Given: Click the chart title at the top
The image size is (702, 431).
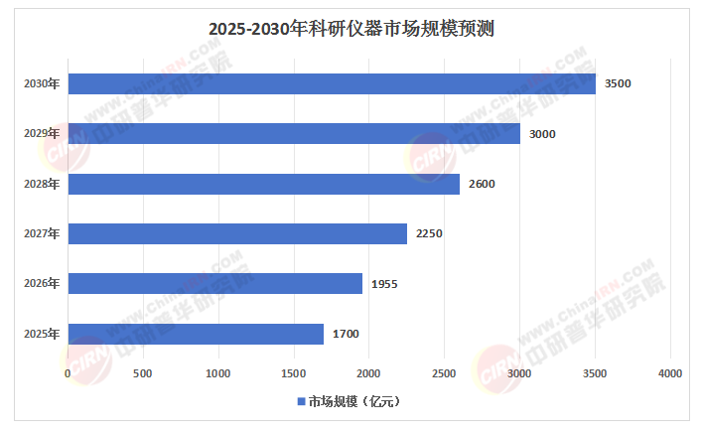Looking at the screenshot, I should pyautogui.click(x=351, y=29).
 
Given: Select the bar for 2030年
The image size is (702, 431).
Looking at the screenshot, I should pyautogui.click(x=332, y=83).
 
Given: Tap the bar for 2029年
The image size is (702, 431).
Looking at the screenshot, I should pyautogui.click(x=294, y=133).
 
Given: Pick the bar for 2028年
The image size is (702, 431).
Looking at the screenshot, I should pyautogui.click(x=263, y=184).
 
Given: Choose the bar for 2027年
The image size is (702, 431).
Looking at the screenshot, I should pyautogui.click(x=237, y=233).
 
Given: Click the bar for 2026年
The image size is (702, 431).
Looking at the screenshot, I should pyautogui.click(x=214, y=284).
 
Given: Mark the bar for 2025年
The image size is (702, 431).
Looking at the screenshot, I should pyautogui.click(x=196, y=334).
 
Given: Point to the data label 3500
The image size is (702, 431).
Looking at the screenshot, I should pyautogui.click(x=618, y=83).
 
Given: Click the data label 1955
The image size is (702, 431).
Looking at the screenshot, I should pyautogui.click(x=384, y=284).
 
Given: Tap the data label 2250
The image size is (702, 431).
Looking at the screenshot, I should pyautogui.click(x=429, y=233).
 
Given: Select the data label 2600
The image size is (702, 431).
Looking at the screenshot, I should pyautogui.click(x=482, y=184).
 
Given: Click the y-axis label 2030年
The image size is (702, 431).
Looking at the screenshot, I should pyautogui.click(x=42, y=83).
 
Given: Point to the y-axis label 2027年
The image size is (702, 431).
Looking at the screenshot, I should pyautogui.click(x=42, y=233).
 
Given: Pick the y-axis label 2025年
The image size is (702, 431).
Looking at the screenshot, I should pyautogui.click(x=42, y=334).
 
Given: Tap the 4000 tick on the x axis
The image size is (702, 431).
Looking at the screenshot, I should pyautogui.click(x=670, y=372).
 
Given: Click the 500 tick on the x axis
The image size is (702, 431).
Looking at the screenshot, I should pyautogui.click(x=143, y=372).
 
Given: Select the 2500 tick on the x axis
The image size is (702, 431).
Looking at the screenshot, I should pyautogui.click(x=444, y=372).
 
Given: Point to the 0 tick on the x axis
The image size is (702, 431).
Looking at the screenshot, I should pyautogui.click(x=68, y=372).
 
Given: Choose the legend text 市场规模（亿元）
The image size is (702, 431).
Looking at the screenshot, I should pyautogui.click(x=353, y=402).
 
